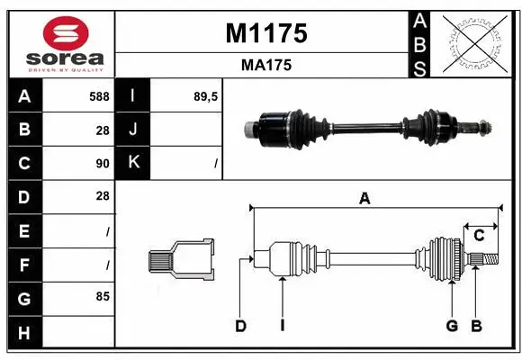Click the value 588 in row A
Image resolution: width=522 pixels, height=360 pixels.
(98, 96)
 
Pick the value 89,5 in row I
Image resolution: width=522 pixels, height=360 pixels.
(206, 96)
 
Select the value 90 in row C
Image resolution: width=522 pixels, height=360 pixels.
(102, 164)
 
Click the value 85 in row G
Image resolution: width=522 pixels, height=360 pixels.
(102, 295)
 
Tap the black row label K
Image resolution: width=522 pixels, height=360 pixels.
(133, 163)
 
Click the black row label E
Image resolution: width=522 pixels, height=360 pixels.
(24, 230)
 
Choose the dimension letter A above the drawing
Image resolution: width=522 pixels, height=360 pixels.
(364, 200)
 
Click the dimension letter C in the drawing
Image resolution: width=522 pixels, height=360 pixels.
(480, 236)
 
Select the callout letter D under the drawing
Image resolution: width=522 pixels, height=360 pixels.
(241, 326)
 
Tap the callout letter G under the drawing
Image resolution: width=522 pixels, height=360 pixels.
(452, 326)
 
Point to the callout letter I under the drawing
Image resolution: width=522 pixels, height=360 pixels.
(282, 326)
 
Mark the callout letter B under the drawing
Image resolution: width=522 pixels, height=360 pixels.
(477, 326)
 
